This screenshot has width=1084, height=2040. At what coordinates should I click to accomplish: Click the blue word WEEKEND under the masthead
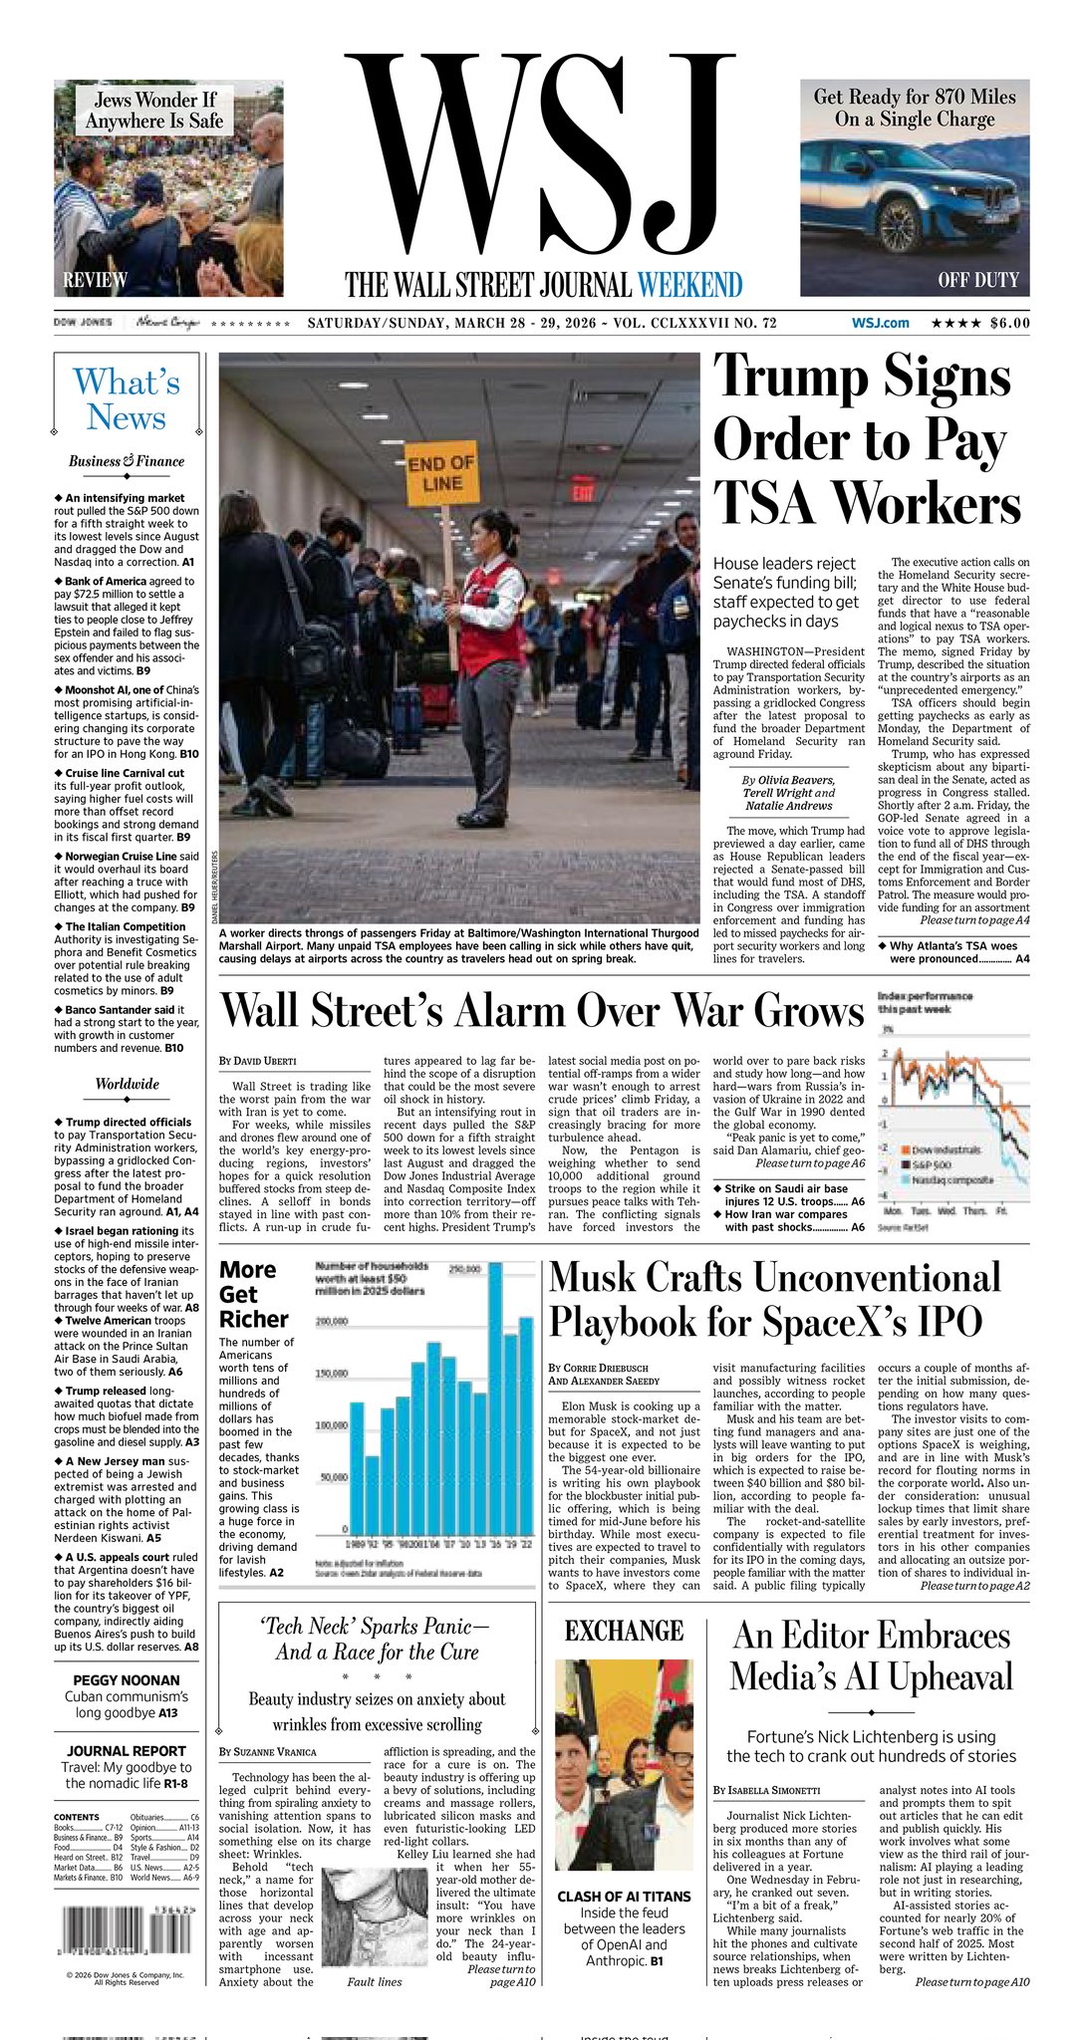click(x=690, y=285)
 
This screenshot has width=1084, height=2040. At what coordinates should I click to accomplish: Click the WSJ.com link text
click(x=881, y=323)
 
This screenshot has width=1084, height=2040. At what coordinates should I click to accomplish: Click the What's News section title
click(x=127, y=399)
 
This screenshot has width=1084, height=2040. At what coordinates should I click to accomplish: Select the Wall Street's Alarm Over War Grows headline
click(x=542, y=1010)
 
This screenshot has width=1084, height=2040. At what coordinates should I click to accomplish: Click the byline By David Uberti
click(x=258, y=1061)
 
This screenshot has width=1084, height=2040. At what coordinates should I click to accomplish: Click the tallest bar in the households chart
click(x=495, y=1395)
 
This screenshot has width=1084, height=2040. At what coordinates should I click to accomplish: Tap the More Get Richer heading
click(x=253, y=1294)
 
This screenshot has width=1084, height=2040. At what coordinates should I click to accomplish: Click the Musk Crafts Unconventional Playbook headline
click(x=775, y=1300)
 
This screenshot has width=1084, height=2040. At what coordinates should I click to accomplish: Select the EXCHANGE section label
click(x=624, y=1631)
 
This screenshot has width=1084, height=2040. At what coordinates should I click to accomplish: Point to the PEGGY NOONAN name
click(x=127, y=1680)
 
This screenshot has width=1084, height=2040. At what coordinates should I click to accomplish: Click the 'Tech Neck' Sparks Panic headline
click(x=376, y=1639)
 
